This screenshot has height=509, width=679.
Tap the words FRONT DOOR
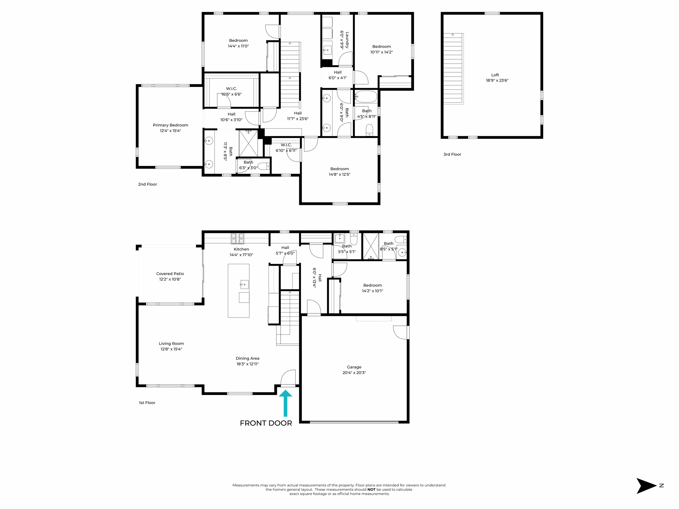point(266,423)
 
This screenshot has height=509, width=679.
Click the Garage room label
point(354,367)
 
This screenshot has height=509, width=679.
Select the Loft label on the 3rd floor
point(495,75)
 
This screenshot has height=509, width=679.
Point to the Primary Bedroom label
point(170,125)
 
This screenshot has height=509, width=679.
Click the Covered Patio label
point(170,273)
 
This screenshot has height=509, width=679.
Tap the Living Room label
point(171,343)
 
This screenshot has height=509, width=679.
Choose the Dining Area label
point(247,358)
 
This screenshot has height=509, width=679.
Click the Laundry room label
point(347,40)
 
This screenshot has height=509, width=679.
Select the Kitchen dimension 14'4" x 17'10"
point(241,255)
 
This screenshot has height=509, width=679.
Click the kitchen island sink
point(244,284)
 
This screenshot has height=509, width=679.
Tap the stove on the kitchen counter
point(237,238)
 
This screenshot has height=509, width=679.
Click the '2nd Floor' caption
point(148,184)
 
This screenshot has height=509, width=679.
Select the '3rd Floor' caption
point(452,154)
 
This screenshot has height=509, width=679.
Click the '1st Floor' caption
point(147,403)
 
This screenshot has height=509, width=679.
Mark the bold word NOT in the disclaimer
point(371,489)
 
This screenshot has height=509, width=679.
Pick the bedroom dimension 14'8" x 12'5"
point(339,174)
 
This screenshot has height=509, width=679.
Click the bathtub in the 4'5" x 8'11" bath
point(366,96)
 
